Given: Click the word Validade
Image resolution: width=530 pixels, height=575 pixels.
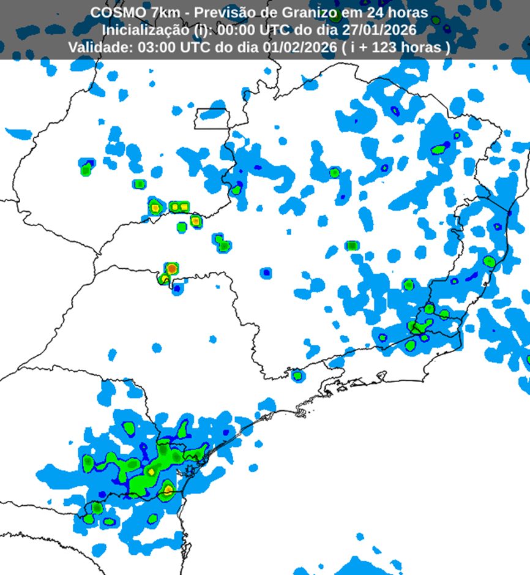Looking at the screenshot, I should pyautogui.click(x=95, y=48).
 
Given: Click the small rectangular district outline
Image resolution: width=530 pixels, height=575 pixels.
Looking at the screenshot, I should pyautogui.click(x=212, y=118).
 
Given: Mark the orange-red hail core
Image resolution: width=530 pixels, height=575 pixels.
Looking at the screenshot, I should pyautogui.click(x=172, y=268).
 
